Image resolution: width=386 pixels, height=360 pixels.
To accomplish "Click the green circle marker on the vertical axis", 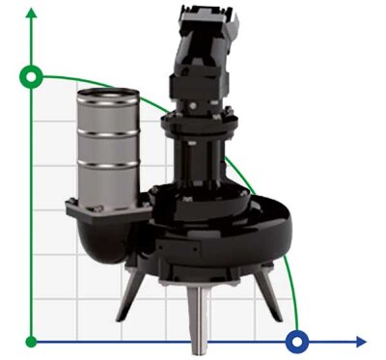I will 32,75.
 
